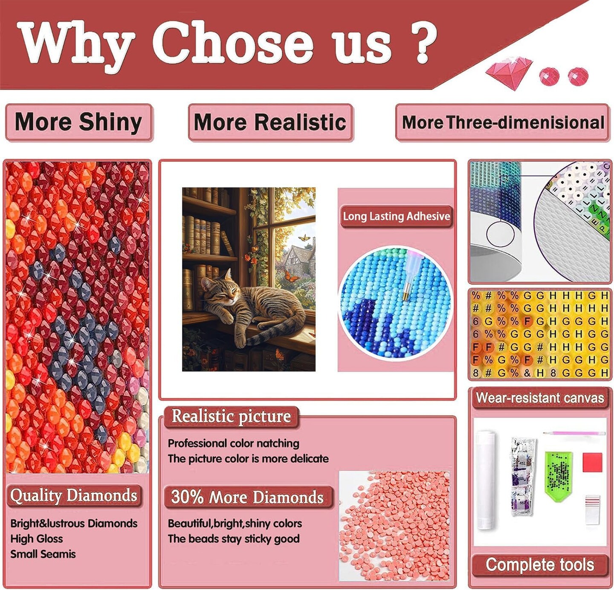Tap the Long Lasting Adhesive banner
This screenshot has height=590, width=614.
point(396,217)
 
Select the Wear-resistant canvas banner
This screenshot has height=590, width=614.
point(540,398)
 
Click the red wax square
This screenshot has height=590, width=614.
point(592,463)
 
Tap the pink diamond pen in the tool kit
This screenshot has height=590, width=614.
point(574,434)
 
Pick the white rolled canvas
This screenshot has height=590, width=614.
point(486,480)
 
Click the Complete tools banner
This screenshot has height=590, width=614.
point(540,565)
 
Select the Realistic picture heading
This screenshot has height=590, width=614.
point(231,416)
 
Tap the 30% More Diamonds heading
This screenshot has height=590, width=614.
point(248,497)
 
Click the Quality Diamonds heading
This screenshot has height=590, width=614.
point(74,495)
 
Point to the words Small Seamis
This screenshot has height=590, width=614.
point(43,554)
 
